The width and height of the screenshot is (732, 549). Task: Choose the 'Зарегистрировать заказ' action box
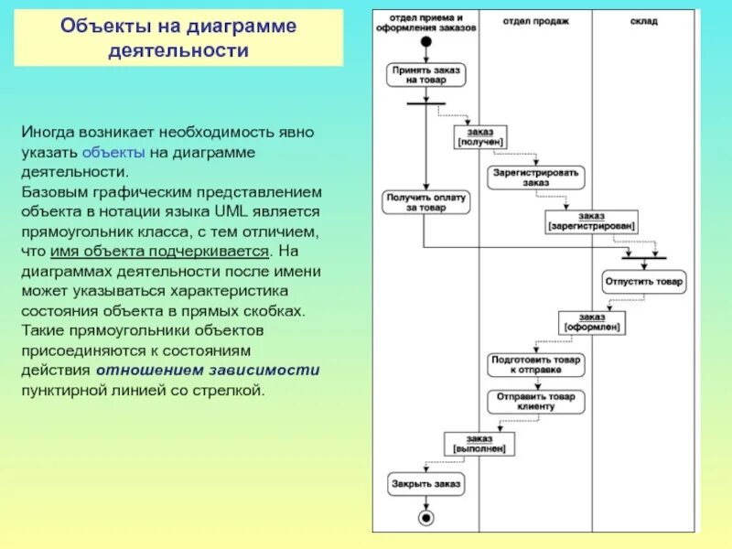click(536, 177)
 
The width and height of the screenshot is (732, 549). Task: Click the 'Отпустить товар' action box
click(643, 282)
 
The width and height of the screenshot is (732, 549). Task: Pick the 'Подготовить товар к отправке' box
click(536, 365)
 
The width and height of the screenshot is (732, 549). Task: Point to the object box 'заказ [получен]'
click(481, 137)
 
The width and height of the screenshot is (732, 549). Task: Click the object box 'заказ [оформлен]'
click(592, 322)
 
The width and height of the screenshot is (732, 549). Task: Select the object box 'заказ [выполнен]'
click(479, 444)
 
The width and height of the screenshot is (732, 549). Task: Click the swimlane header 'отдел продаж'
click(536, 19)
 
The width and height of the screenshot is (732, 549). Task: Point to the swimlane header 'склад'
click(643, 19)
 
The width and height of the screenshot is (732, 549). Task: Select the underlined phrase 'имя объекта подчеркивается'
click(205, 251)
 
